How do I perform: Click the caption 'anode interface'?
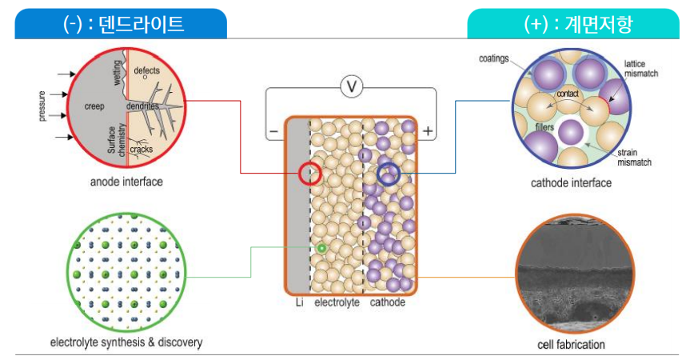[126, 182]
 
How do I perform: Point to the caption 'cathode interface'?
[571, 183]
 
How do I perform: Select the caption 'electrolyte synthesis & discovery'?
[126, 342]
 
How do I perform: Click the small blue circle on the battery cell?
[389, 173]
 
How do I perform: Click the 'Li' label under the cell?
[298, 302]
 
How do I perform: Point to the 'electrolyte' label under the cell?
[337, 302]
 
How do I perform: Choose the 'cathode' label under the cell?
[387, 302]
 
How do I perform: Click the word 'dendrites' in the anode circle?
[142, 106]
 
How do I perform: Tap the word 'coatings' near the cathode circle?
[494, 58]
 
